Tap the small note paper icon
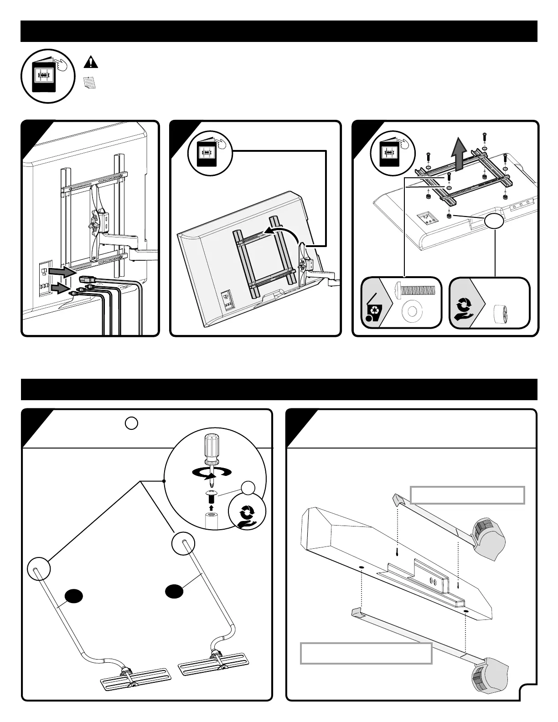coord(90,83)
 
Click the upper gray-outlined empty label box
coord(467,495)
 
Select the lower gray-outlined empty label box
coord(366,653)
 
